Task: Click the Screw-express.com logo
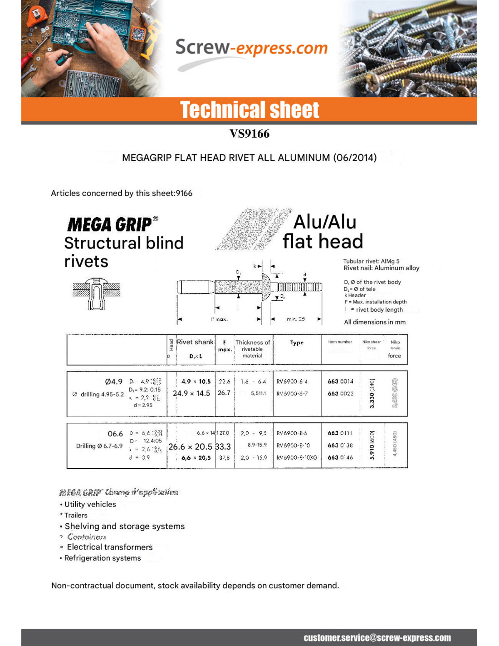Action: tap(251, 49)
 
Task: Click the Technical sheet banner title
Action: tap(249, 110)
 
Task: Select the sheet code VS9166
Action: tap(249, 134)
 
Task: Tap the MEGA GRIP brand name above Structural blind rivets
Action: tap(110, 224)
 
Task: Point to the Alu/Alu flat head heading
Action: tap(323, 232)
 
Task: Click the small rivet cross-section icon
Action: tap(96, 294)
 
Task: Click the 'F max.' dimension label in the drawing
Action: tap(220, 319)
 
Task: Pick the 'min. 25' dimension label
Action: tap(296, 319)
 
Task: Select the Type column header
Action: tap(297, 343)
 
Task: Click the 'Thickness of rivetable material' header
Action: tap(253, 349)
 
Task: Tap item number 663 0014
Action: tap(340, 382)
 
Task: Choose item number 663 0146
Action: tap(340, 457)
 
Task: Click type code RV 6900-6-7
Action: tap(292, 393)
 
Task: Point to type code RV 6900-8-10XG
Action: tap(297, 457)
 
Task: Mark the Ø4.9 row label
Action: tap(113, 382)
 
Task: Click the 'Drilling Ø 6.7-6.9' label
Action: tap(99, 446)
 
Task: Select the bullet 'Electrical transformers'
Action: tap(110, 547)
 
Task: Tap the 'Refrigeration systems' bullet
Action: tap(103, 558)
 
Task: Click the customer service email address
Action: tap(377, 638)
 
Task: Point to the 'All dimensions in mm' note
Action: tap(375, 322)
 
